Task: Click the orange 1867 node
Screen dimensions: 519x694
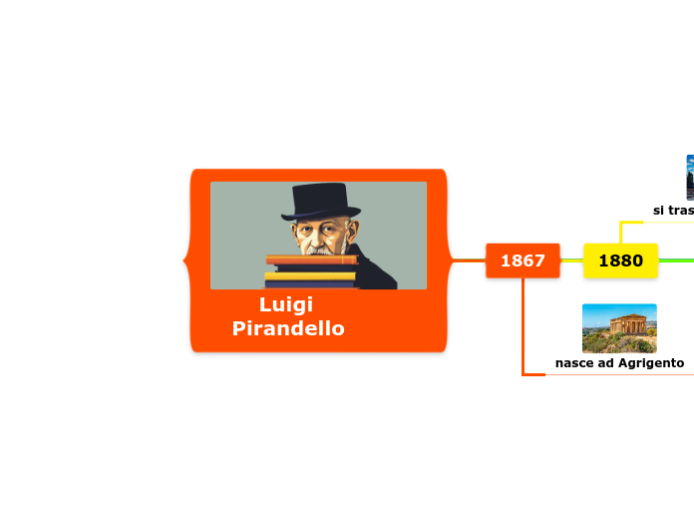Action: point(522,260)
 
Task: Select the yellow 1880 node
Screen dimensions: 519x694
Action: point(620,260)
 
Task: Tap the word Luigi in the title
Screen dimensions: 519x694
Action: point(286,304)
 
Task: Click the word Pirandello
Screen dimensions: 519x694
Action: point(288,328)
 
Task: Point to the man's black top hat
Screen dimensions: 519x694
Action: point(319,201)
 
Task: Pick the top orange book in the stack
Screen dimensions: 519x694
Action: point(310,259)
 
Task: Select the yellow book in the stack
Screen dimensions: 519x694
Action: point(310,275)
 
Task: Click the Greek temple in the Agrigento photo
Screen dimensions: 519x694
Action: point(625,325)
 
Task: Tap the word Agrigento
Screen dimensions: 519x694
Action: point(650,363)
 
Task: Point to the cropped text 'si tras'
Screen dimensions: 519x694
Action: point(673,211)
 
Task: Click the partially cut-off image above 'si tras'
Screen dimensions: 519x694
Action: point(689,177)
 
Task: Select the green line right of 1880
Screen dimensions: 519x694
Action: point(676,260)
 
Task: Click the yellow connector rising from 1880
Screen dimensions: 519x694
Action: point(620,232)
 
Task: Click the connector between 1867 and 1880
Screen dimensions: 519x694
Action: point(571,260)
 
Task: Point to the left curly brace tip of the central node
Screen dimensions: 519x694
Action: point(185,260)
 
